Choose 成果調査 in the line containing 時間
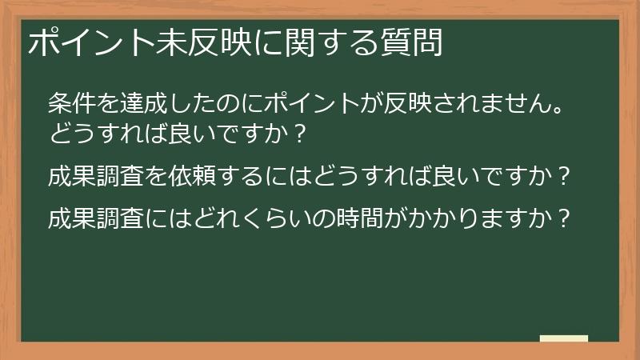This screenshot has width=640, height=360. pyautogui.click(x=98, y=218)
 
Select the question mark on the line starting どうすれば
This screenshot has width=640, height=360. pyautogui.click(x=298, y=133)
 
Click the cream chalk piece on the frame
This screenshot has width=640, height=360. pyautogui.click(x=564, y=338)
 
